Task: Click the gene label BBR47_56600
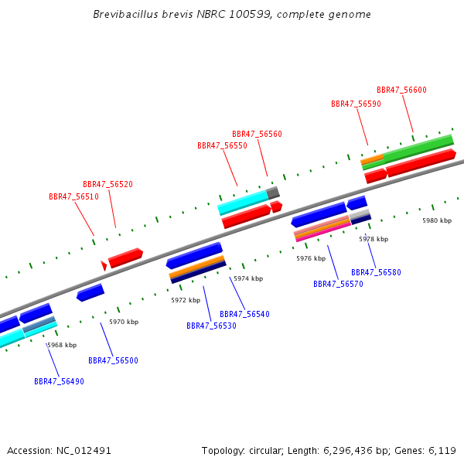401,90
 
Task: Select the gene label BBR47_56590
356,104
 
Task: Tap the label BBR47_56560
257,134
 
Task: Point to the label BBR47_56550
222,145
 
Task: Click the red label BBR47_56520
107,184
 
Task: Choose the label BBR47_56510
73,196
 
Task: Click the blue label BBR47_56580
376,272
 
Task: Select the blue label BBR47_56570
338,284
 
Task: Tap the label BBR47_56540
244,314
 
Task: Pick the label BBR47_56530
211,326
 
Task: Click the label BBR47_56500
113,360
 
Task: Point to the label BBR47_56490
59,381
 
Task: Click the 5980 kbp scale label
436,220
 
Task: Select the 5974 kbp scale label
248,278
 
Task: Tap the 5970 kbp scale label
124,322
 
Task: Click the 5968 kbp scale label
62,345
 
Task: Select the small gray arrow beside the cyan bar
272,192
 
